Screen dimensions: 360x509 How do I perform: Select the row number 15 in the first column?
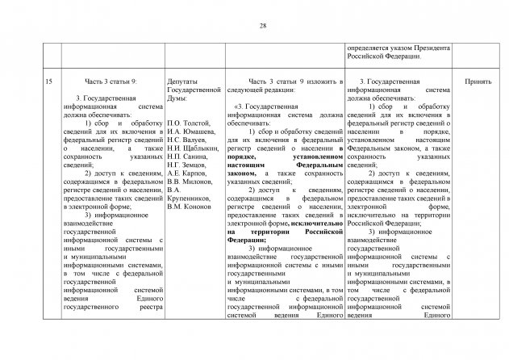point(49,82)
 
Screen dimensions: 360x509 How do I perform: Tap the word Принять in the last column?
point(478,82)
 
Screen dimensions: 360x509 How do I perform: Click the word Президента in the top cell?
point(433,48)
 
